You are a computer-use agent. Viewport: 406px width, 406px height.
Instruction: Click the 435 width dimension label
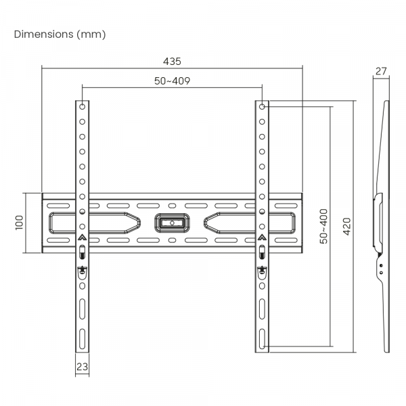click(172, 61)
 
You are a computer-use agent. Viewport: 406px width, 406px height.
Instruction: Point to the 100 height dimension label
click(19, 223)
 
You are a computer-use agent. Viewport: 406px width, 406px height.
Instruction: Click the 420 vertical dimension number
click(346, 226)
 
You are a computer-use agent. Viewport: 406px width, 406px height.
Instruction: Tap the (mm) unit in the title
click(91, 33)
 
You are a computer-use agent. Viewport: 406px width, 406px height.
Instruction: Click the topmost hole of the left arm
click(82, 107)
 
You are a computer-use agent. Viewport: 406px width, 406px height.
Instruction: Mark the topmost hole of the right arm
click(262, 107)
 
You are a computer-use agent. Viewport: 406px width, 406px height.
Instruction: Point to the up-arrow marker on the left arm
click(82, 238)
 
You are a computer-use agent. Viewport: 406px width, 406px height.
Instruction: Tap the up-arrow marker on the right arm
click(262, 238)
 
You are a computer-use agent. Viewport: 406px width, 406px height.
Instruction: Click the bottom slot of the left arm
click(82, 338)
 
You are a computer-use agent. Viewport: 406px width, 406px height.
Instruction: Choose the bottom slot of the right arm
click(262, 338)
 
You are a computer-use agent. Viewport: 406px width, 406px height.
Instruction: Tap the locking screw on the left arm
click(82, 270)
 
